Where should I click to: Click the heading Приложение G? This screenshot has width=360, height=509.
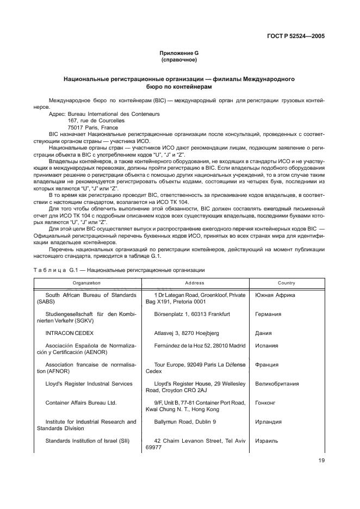point(179,53)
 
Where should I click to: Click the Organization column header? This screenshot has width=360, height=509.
point(87,283)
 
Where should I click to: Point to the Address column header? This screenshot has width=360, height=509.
point(195,283)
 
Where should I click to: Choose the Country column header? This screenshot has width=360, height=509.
point(286,283)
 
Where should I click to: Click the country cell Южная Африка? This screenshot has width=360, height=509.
point(275,295)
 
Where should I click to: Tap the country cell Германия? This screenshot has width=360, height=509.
point(268,314)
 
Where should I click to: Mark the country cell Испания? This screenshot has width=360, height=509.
point(266,345)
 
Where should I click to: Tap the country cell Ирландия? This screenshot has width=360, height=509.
point(268,421)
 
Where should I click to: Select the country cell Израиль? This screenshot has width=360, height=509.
point(267,440)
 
